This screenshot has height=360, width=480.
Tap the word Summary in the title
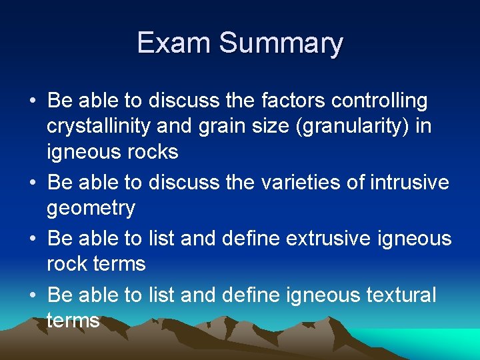[281, 44]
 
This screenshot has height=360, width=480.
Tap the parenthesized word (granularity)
[355, 127]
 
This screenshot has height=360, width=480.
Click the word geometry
[91, 208]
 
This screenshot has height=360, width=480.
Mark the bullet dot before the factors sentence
[33, 102]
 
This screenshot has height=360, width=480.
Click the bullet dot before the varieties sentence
[33, 183]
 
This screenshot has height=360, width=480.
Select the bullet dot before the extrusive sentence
[33, 239]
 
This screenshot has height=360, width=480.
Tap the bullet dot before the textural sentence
[33, 295]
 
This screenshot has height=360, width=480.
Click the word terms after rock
[120, 264]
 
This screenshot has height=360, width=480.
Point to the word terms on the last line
[73, 320]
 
